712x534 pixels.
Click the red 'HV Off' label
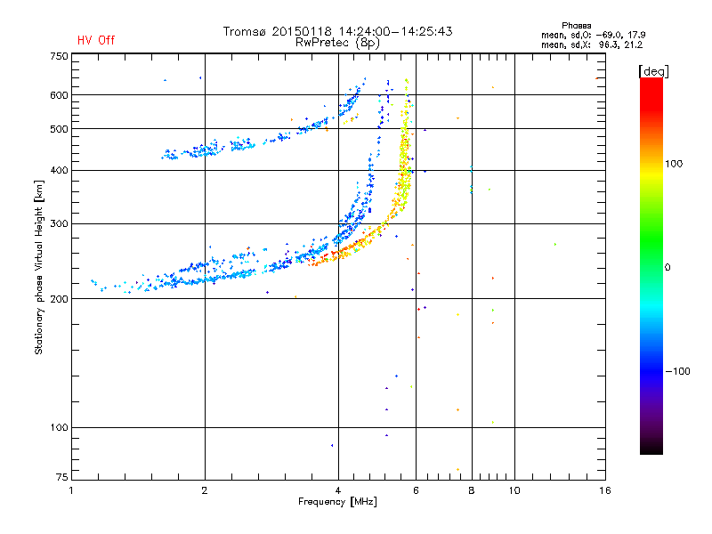coord(95,40)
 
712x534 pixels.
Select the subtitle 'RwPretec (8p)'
coord(338,42)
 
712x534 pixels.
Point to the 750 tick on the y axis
coord(59,56)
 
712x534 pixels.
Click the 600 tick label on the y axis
coord(59,95)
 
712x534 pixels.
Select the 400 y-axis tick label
coord(59,170)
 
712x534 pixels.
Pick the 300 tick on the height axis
coord(59,223)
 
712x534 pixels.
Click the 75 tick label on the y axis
coord(61,480)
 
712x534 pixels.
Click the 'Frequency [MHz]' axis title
coord(337,502)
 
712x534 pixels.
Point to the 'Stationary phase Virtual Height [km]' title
coord(39,267)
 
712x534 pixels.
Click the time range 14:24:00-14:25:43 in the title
coord(394,31)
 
